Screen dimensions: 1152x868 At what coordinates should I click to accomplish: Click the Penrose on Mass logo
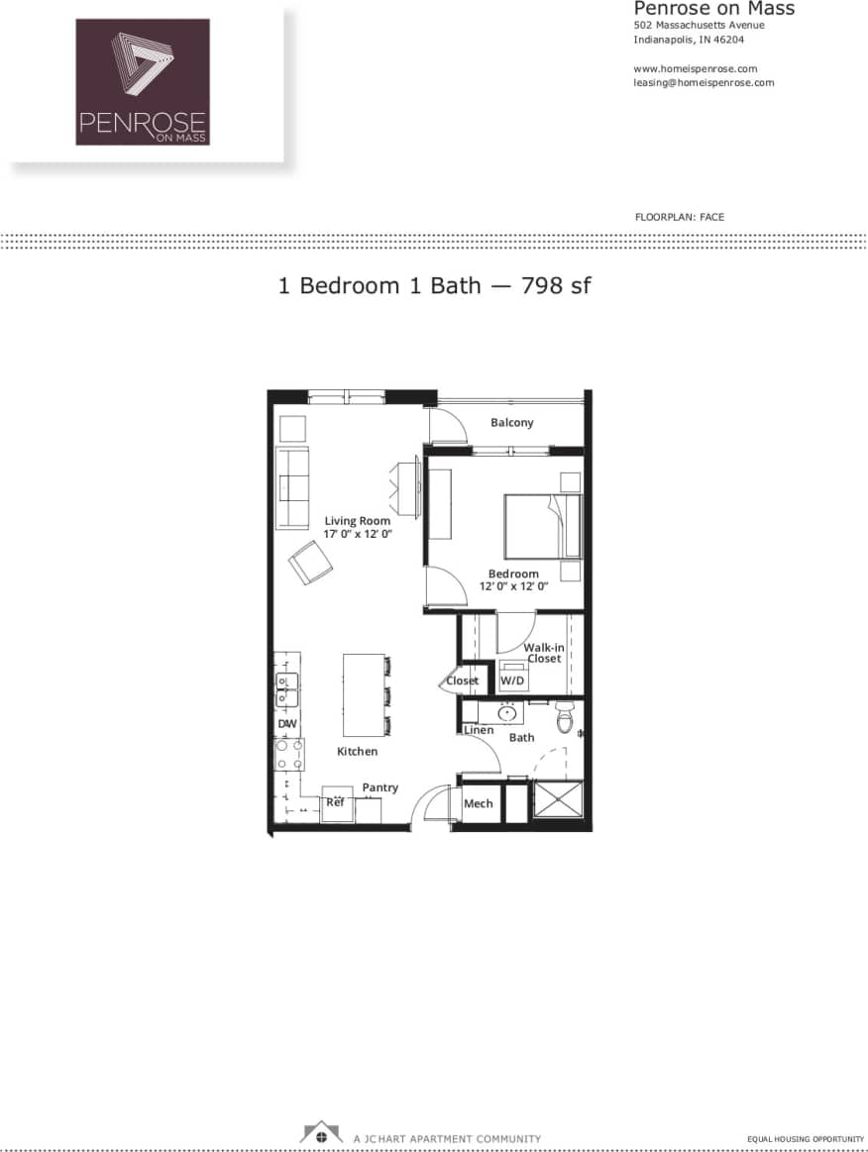[143, 82]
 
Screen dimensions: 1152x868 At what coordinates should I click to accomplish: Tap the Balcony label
[512, 423]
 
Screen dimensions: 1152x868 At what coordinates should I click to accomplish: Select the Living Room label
[358, 521]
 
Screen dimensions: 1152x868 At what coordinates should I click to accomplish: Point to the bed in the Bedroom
[541, 525]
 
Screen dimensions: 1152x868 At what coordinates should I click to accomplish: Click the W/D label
[512, 681]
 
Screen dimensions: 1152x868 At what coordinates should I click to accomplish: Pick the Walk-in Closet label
[543, 653]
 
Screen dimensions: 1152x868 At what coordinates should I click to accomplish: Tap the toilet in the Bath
[565, 717]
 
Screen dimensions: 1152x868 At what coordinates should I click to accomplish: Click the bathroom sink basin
[508, 712]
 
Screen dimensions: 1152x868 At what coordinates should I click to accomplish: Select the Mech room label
[479, 803]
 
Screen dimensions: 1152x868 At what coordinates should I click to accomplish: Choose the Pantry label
[380, 787]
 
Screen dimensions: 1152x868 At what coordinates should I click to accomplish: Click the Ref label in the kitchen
[336, 802]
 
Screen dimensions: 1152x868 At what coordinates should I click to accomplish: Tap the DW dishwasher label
[286, 724]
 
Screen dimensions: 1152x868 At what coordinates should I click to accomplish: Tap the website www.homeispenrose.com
[695, 68]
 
